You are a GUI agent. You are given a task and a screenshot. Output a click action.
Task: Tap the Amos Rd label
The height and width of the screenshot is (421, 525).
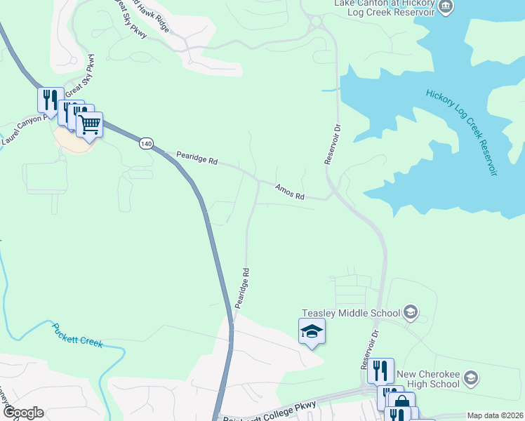pyautogui.click(x=290, y=190)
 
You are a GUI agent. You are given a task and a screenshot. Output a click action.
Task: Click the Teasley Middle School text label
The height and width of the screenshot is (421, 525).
pyautogui.click(x=350, y=312)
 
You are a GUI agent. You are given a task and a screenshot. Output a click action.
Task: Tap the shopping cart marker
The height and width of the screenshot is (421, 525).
pyautogui.click(x=89, y=125)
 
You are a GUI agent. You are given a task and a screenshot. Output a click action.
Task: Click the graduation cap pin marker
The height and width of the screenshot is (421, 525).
pyautogui.click(x=312, y=331)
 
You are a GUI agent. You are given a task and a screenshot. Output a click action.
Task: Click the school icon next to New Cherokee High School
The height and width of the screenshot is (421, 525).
pyautogui.click(x=470, y=379)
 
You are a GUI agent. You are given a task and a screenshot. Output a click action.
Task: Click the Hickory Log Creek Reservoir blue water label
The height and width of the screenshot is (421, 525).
pyautogui.click(x=460, y=133)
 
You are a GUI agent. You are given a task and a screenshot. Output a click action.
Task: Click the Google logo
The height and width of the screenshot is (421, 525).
pyautogui.click(x=22, y=413)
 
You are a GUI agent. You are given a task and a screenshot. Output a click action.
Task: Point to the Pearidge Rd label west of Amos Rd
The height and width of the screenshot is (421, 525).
pyautogui.click(x=197, y=158)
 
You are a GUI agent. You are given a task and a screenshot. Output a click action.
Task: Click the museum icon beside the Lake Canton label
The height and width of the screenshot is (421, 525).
pyautogui.click(x=444, y=6)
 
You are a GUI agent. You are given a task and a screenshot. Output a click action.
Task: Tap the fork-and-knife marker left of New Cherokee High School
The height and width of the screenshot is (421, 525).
pyautogui.click(x=380, y=370)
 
